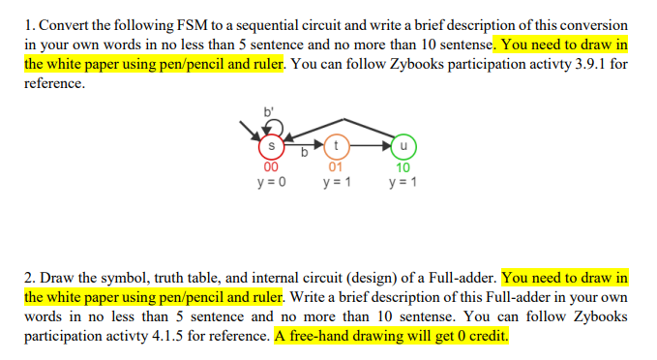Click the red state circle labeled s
(272, 147)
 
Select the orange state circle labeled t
(336, 146)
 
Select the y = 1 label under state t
(336, 181)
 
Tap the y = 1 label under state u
(402, 181)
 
